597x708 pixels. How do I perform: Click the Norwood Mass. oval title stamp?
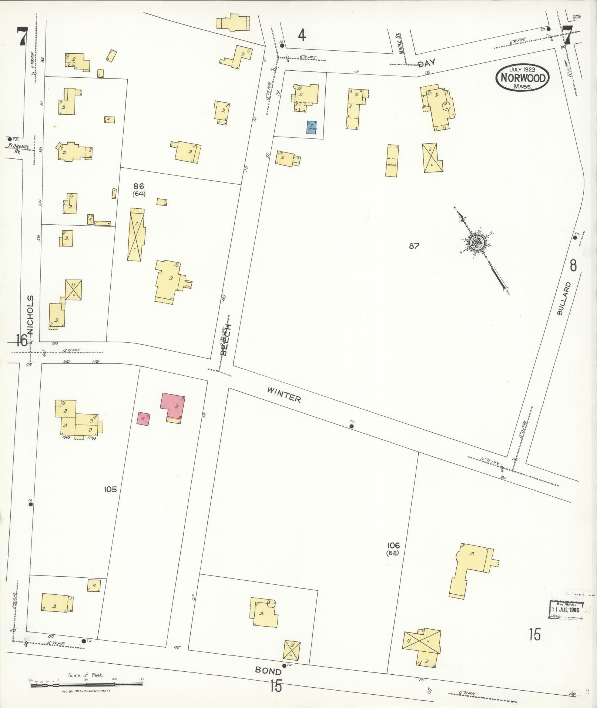tap(523, 77)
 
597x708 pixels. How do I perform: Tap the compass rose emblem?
tap(475, 243)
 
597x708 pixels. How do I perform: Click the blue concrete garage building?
tap(312, 127)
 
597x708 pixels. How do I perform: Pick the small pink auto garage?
tap(143, 419)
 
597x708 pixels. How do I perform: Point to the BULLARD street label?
tap(564, 299)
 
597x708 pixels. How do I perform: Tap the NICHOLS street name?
tap(31, 314)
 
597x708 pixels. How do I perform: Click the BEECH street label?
tap(225, 340)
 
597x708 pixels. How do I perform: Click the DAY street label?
tap(426, 63)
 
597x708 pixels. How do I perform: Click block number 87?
tap(414, 246)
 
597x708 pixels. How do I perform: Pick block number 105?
tap(110, 489)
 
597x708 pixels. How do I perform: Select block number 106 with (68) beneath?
tap(393, 548)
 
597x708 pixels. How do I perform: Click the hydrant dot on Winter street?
tap(352, 426)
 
